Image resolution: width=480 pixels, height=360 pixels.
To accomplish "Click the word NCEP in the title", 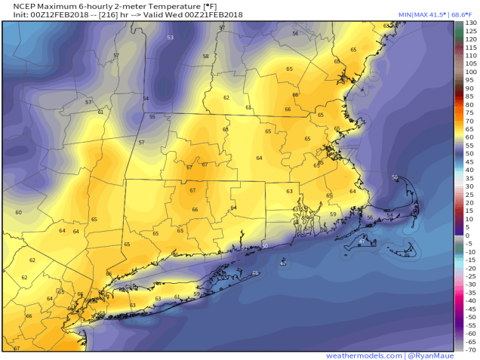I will (x=16, y=6).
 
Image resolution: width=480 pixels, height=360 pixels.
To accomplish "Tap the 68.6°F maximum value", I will (x=463, y=15).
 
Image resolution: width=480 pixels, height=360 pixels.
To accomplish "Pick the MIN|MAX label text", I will (x=416, y=15).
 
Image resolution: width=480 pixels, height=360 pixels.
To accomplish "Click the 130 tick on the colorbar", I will (x=470, y=23).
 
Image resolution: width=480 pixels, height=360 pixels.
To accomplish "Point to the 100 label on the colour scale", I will (x=470, y=72).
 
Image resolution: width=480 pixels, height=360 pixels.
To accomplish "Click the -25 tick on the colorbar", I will (x=469, y=276).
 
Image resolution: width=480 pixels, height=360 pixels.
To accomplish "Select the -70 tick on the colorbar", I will (x=469, y=349).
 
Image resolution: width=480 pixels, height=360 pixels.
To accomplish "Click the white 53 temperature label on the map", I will (x=170, y=37).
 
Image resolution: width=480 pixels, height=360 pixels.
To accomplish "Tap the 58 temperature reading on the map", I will (x=205, y=57).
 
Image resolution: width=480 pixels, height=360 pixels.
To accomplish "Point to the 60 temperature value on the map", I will (x=18, y=213).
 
